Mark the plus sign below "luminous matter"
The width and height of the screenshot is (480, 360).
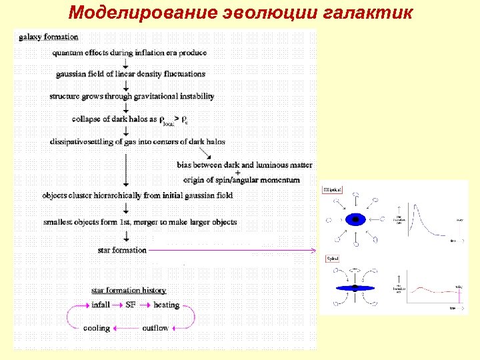coord(238,172)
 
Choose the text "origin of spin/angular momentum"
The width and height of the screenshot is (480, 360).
coord(241,180)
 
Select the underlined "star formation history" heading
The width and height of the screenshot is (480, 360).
coord(128,290)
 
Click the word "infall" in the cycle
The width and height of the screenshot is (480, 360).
coord(101,305)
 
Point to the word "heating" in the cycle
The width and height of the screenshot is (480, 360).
coord(166,305)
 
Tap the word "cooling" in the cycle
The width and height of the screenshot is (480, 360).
coord(97,328)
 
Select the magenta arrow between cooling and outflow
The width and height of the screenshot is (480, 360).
coord(127,328)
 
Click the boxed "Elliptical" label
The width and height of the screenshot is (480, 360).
coord(333,190)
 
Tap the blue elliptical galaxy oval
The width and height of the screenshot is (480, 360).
coord(355,219)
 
